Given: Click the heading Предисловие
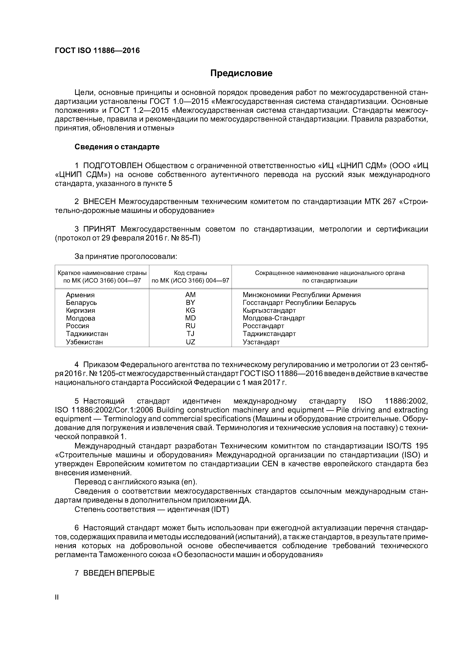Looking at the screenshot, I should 241,73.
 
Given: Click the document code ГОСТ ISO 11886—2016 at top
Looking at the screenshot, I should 97,51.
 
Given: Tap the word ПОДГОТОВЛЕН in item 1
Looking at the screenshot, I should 113,165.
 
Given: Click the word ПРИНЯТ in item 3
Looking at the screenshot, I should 99,229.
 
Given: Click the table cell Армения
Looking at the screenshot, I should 80,295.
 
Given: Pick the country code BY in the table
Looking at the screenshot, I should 190,303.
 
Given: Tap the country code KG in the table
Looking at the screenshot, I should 190,310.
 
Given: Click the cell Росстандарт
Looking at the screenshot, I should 263,326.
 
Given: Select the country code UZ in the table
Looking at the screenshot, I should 190,342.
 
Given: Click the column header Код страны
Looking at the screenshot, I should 190,273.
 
